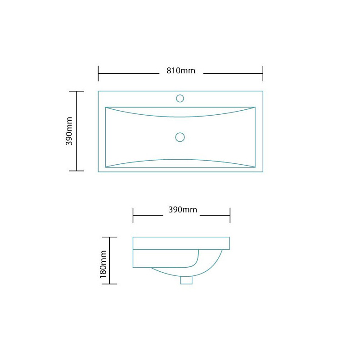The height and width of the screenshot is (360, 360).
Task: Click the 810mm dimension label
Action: coord(180,71)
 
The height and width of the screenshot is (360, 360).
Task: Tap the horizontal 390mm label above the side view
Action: coord(182,210)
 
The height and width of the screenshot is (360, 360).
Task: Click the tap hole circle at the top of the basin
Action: coord(180,99)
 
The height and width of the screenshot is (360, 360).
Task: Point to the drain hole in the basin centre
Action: coord(180,137)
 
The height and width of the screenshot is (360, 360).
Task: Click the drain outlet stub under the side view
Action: coord(186,280)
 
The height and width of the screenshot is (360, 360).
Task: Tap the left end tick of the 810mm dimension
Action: coord(98,73)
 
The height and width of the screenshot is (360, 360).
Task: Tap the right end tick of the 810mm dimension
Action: coord(263,73)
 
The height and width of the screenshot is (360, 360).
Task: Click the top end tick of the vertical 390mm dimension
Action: coord(76,91)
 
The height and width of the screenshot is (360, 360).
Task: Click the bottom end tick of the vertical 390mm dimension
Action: coord(76,171)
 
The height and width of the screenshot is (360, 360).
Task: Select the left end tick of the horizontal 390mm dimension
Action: coord(133,215)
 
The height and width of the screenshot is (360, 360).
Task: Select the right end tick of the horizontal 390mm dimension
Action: coord(230,215)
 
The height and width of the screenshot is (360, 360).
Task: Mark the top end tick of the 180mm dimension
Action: coord(110,237)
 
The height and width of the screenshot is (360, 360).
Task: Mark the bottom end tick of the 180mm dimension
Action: coord(110,284)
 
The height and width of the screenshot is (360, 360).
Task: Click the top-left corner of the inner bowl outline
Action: coord(105,107)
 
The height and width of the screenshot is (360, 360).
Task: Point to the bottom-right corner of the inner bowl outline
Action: coord(255,167)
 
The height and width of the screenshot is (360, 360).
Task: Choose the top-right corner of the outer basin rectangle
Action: coord(263,91)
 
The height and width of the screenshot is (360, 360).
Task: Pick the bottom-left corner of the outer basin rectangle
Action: coord(98,172)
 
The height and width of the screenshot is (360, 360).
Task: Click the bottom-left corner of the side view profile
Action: coord(133,268)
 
